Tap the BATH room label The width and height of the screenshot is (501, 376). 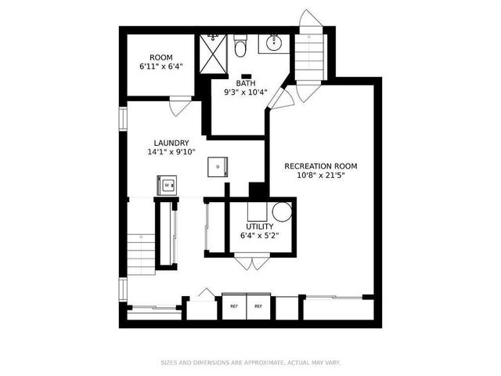[x=246, y=82]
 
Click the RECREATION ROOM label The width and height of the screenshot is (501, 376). [x=321, y=166]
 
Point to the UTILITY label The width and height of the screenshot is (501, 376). [x=259, y=226]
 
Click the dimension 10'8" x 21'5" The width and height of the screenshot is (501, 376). [x=321, y=176]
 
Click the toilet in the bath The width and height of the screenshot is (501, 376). [x=241, y=45]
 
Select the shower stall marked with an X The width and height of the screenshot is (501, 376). [x=212, y=53]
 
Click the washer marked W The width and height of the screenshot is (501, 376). [x=168, y=186]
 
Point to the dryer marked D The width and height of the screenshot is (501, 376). [x=217, y=166]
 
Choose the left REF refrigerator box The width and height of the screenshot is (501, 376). [x=234, y=305]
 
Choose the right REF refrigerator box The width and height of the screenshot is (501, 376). [x=258, y=305]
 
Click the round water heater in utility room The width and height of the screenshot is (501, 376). [x=282, y=211]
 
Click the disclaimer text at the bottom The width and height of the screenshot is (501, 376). [x=250, y=363]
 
